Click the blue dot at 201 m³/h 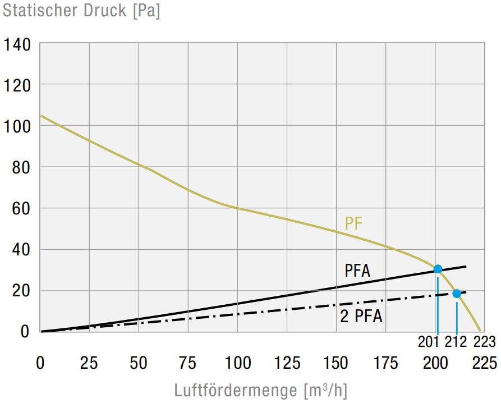[x=438, y=269]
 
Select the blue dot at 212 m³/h [x=457, y=294]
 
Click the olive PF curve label [x=353, y=223]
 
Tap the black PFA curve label [x=357, y=271]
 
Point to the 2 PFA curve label [x=361, y=317]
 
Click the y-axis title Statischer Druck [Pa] [x=81, y=11]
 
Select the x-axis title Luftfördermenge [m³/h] [x=261, y=390]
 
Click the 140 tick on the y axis [x=17, y=44]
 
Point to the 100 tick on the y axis [x=17, y=126]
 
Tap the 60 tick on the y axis [x=21, y=208]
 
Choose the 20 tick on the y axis [x=21, y=291]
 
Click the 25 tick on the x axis [x=89, y=363]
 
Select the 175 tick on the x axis [x=385, y=363]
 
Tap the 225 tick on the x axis [x=484, y=363]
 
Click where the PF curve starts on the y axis [x=41, y=116]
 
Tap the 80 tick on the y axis [x=21, y=167]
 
